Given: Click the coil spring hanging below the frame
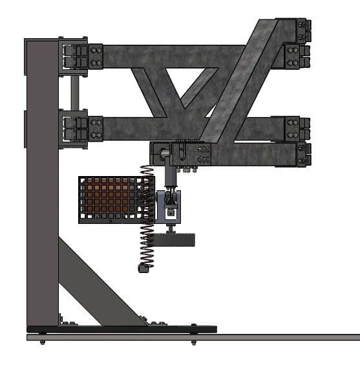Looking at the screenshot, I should [147, 214].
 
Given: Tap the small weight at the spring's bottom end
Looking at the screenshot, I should [143, 267].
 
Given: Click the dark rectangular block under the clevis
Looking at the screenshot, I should [173, 240].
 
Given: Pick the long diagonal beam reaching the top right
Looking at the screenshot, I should [239, 81].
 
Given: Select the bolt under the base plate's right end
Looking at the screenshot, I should [193, 341].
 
